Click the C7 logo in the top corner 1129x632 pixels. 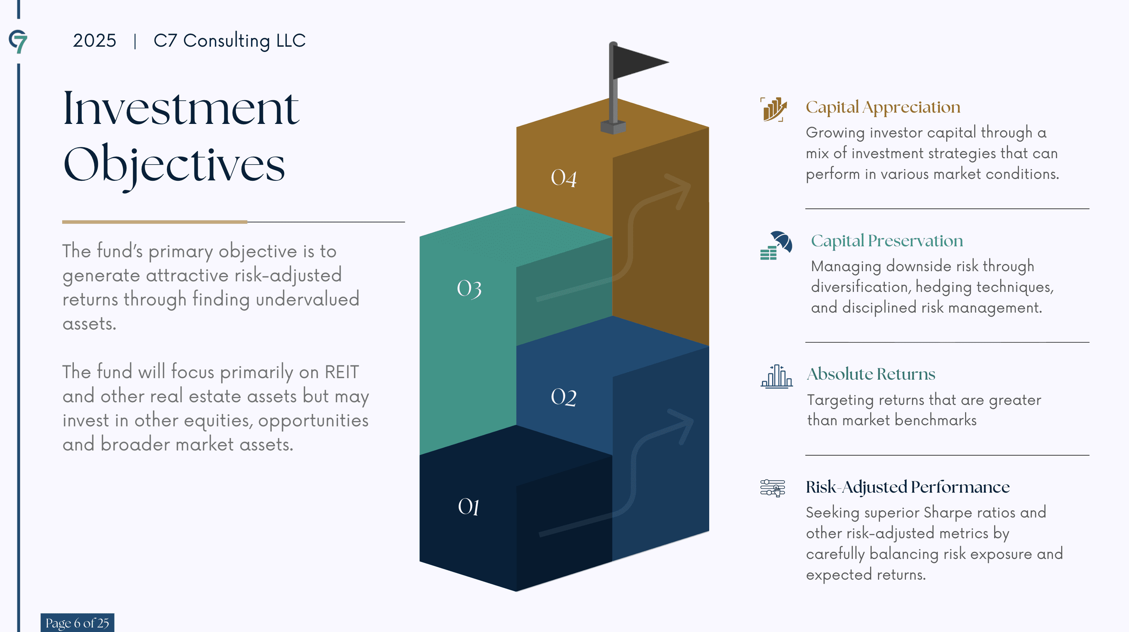point(18,41)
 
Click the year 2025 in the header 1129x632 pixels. point(94,41)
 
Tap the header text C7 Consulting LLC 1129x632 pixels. point(229,41)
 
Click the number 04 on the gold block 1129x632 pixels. point(564,178)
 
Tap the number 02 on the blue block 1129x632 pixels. point(564,397)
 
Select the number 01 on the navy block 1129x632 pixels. point(468,507)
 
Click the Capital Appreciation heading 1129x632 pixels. point(883,107)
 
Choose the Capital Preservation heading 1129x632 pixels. point(887,241)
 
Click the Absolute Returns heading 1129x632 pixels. point(871,374)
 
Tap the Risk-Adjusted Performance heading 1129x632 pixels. point(907,487)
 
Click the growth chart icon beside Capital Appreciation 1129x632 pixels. point(774,110)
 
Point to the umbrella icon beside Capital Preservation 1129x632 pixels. point(776,245)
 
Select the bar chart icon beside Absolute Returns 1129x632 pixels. point(776,376)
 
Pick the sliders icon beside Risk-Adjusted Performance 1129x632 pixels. point(773,488)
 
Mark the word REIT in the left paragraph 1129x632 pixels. point(341,372)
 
